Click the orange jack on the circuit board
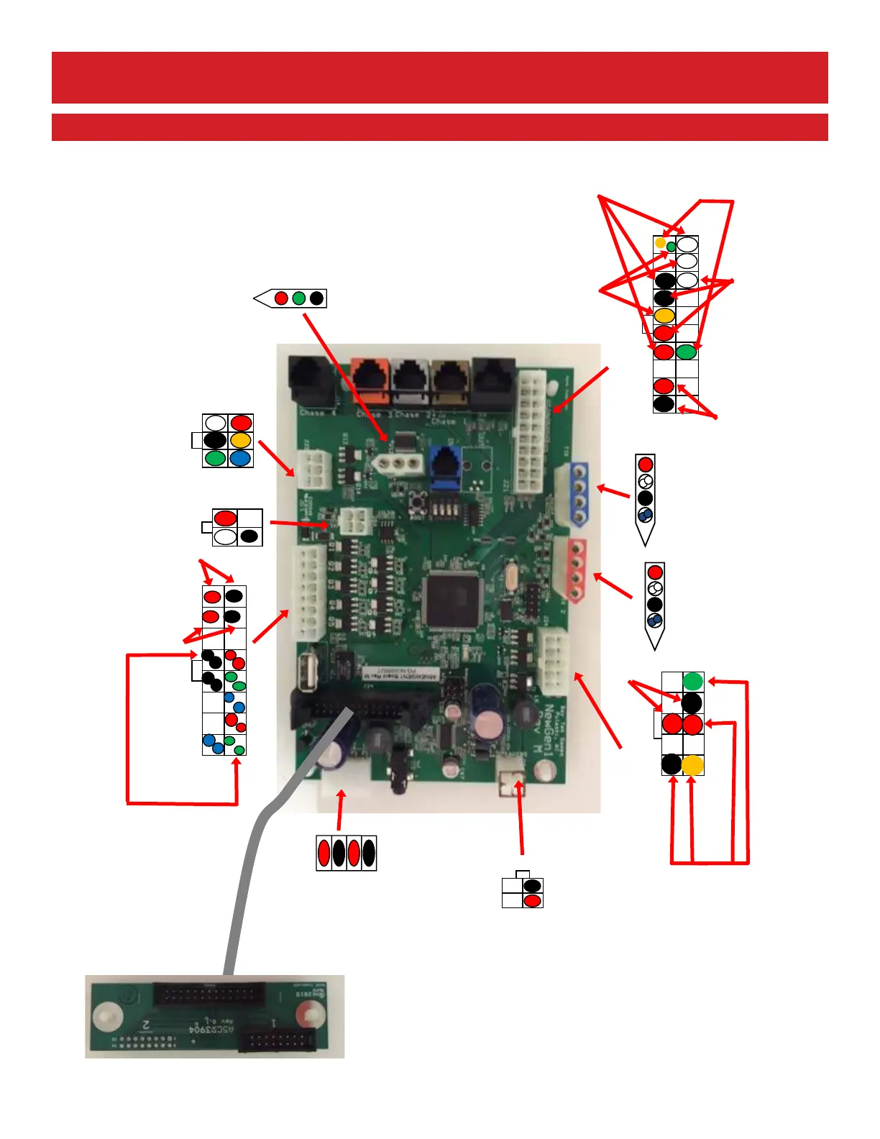coord(370,379)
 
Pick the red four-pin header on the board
coord(575,571)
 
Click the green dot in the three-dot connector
coord(299,298)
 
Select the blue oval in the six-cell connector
coord(240,458)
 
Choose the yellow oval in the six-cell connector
coord(240,440)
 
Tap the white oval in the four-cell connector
coord(225,536)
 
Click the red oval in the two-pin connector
coord(532,900)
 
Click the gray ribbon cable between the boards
coord(248,863)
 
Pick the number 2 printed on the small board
coord(145,1024)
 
